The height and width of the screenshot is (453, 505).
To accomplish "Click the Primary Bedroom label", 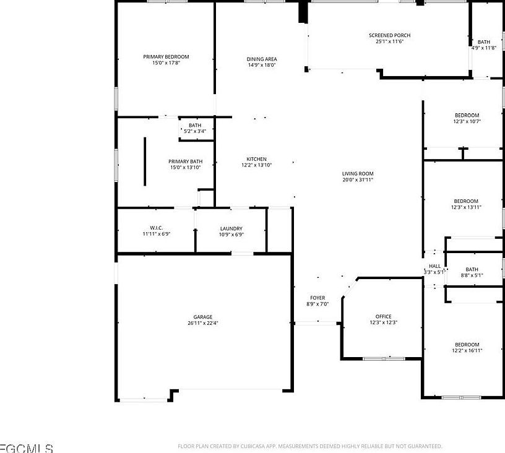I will pos(166,57).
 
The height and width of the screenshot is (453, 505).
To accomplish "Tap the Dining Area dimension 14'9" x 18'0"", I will pos(262,65).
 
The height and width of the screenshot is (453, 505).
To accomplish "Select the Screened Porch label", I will pos(389,35).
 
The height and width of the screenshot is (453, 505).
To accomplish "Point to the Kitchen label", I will pos(256,159).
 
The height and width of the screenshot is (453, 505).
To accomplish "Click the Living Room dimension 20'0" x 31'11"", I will pos(358,180).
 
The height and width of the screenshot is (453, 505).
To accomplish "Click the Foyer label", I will pos(317,298).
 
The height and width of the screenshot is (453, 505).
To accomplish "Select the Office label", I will pos(383,317).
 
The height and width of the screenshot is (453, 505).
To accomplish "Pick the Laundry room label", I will pos(231,228).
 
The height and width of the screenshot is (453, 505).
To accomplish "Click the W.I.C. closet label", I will pos(156,228).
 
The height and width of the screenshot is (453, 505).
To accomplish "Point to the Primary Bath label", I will pos(185,162).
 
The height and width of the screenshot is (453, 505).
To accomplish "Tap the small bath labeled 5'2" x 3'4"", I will pos(195,131).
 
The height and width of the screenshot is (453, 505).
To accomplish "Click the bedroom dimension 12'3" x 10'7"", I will pos(467,121).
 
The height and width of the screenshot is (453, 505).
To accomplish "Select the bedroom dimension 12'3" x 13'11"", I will pos(466,207).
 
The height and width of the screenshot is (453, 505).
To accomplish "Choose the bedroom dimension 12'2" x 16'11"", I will pos(467,351).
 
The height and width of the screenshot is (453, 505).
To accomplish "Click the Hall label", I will pos(434,266).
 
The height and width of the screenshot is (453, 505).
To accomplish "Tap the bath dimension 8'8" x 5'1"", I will pos(472,275).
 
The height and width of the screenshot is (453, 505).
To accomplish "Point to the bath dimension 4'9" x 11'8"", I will pos(483,48).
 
